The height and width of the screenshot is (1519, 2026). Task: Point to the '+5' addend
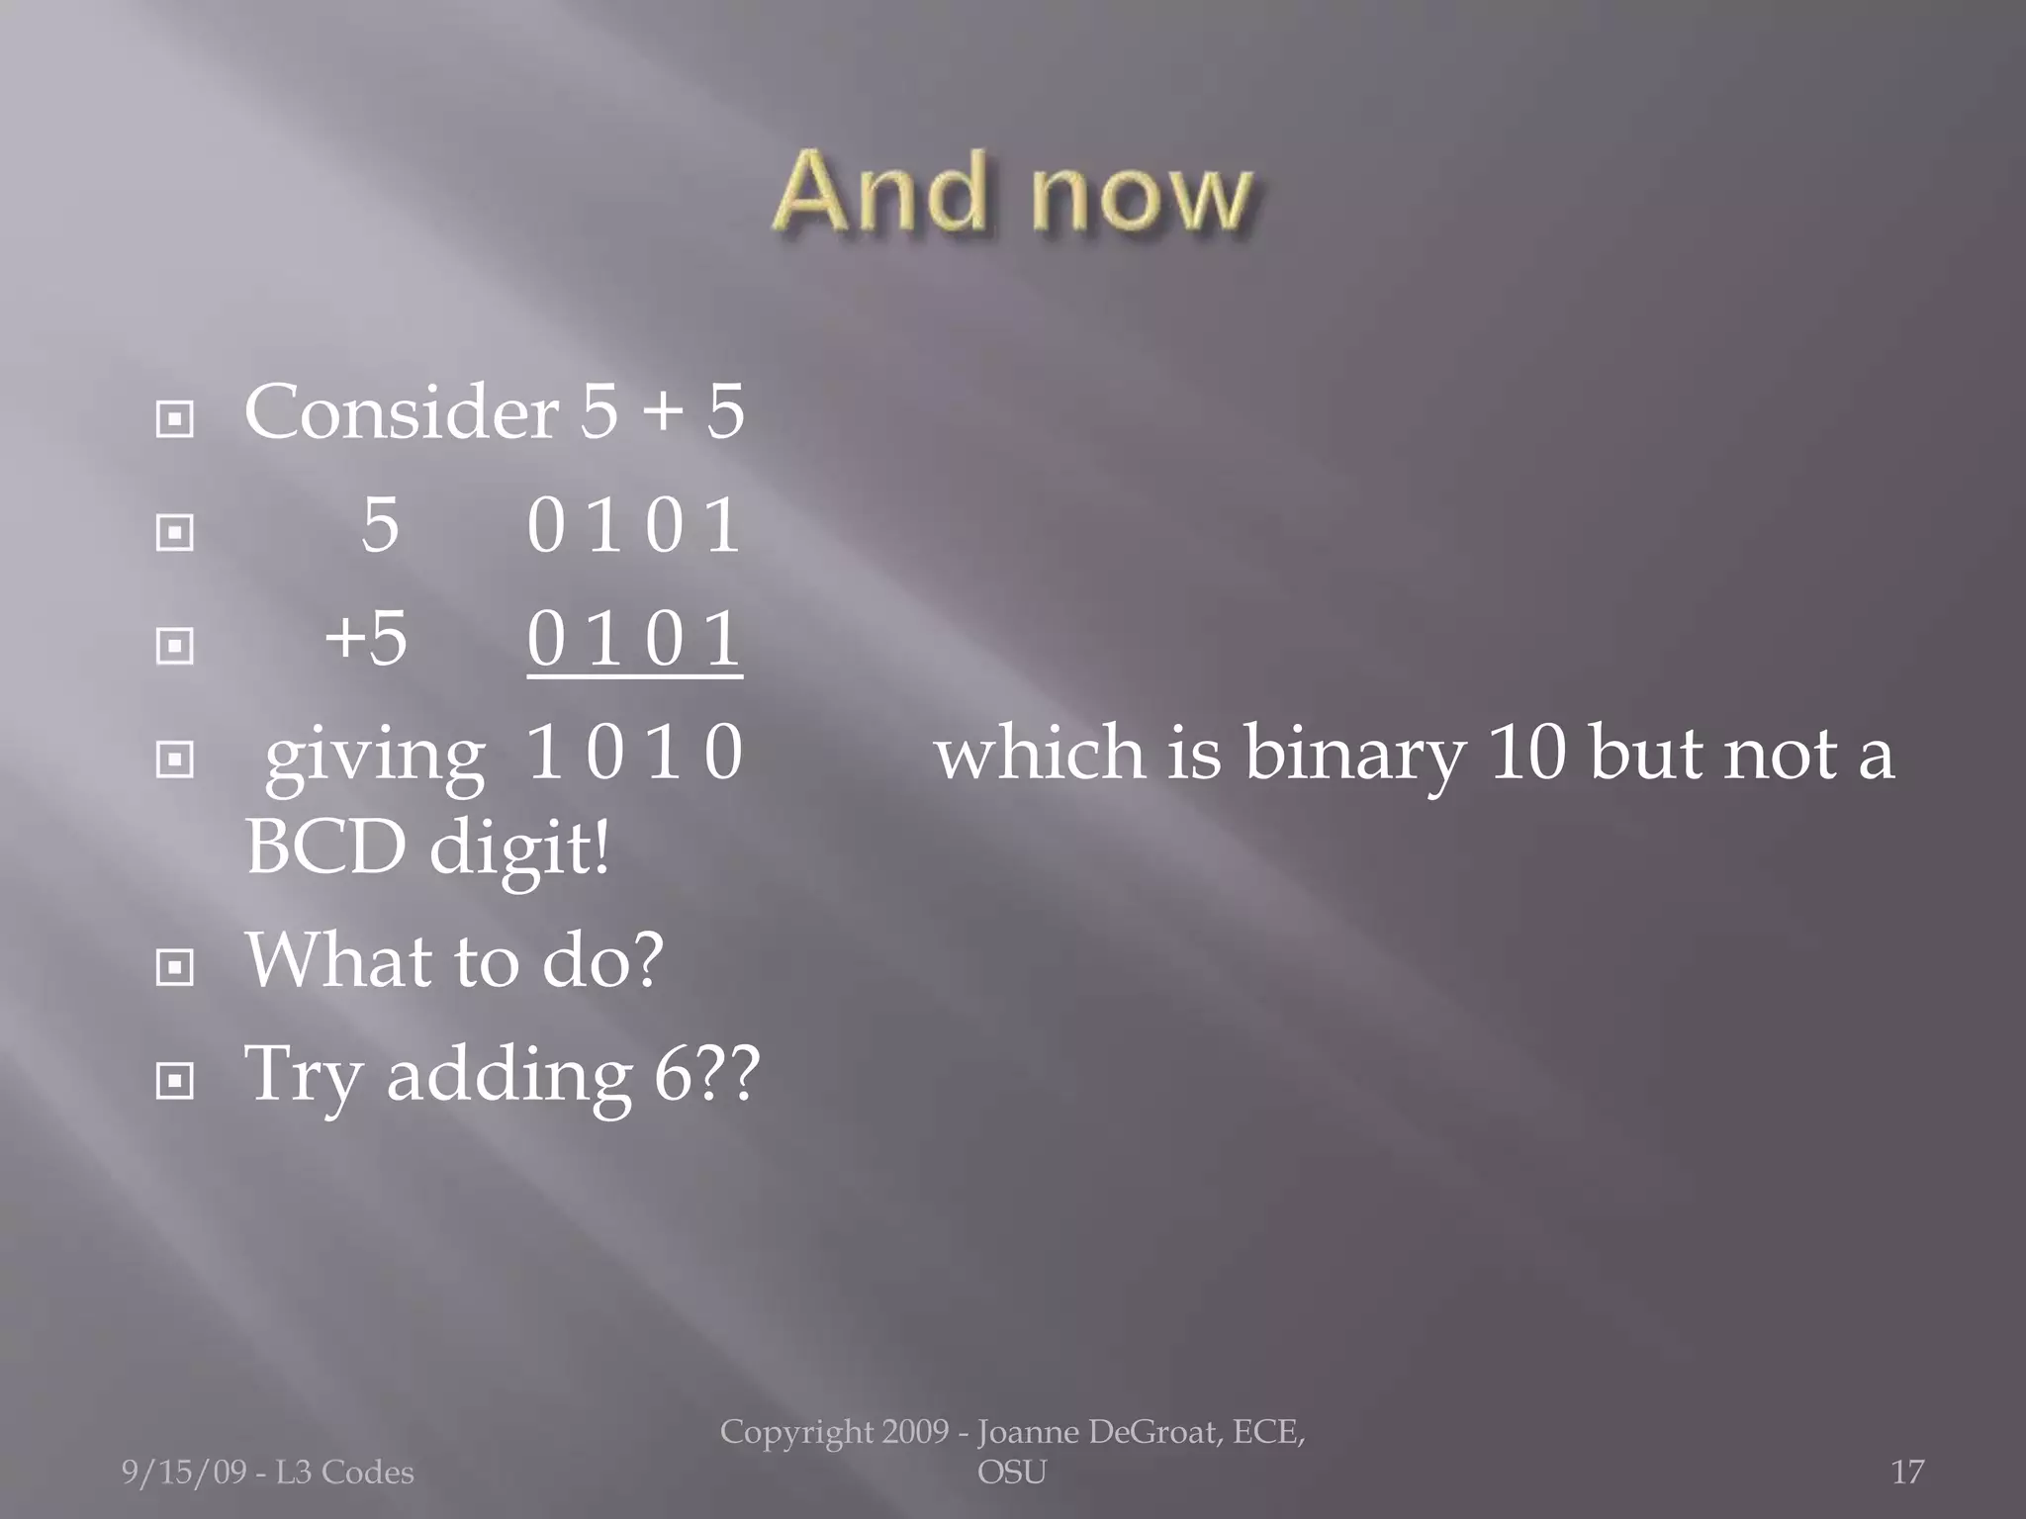tap(366, 639)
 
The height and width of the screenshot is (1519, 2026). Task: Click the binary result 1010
tap(634, 753)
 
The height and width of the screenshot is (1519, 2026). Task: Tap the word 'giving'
tap(375, 756)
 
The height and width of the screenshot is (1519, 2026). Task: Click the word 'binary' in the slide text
tap(1354, 754)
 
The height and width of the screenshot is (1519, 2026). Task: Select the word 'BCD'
tap(325, 848)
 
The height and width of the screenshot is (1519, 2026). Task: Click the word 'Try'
tap(303, 1075)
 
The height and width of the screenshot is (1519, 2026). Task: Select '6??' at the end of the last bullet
tap(706, 1073)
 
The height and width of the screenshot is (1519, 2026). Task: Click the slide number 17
tap(1907, 1473)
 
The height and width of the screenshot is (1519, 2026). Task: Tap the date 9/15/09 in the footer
tap(183, 1473)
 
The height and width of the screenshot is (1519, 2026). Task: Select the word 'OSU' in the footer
tap(1011, 1473)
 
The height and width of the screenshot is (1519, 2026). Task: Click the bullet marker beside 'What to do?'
tap(175, 966)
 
